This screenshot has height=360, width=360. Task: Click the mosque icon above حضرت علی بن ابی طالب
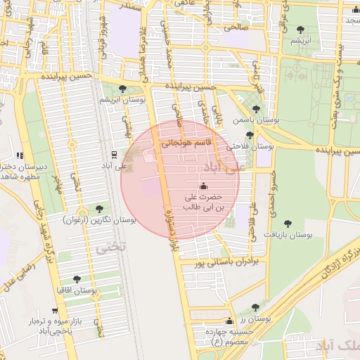point(204,186)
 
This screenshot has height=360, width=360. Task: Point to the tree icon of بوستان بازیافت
point(288,222)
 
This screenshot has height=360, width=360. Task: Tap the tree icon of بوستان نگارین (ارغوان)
point(98,209)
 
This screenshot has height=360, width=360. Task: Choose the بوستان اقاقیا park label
point(77,290)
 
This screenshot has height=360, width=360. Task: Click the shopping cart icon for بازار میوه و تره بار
point(54,310)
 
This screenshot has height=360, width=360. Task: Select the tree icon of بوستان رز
point(255,307)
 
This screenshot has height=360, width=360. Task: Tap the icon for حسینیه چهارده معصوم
point(228,320)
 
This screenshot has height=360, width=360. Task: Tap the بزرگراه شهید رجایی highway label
point(43,231)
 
